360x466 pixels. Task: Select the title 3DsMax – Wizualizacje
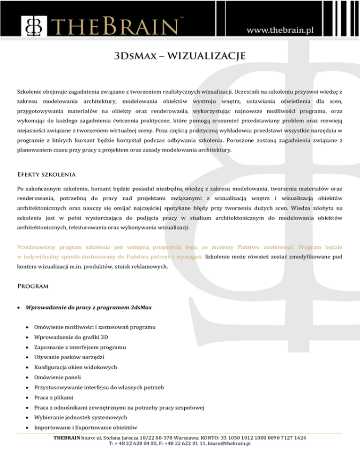180,58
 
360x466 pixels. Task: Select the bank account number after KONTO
263,437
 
